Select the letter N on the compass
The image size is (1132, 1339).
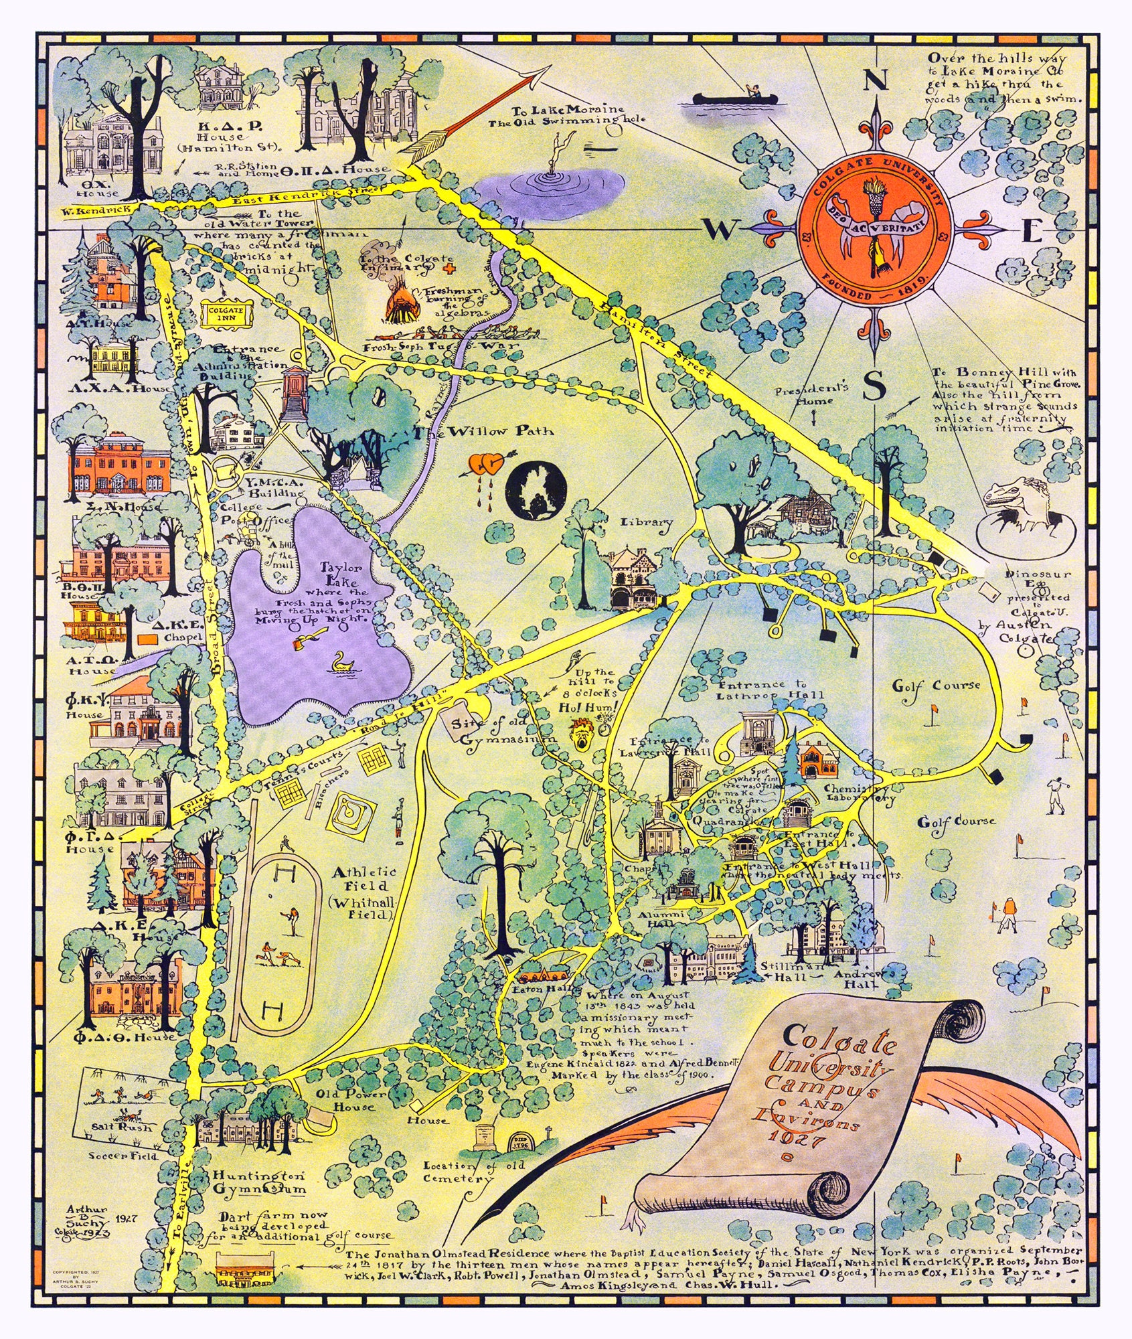click(x=875, y=81)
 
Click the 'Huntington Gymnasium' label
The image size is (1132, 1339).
click(x=260, y=1182)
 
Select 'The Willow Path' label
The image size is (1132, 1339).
click(x=484, y=430)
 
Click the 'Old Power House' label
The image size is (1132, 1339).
click(x=352, y=1101)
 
